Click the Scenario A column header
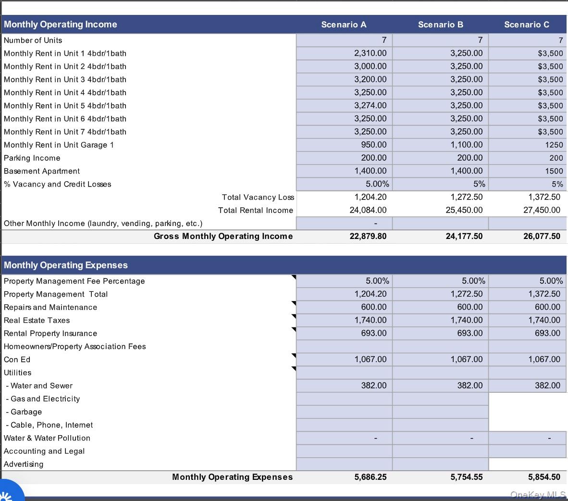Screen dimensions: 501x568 click(x=344, y=25)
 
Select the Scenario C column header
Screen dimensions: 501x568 click(x=526, y=25)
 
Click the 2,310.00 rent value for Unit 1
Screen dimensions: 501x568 click(x=370, y=53)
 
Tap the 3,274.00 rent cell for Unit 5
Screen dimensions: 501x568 click(x=370, y=106)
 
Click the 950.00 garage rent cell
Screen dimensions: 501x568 click(x=373, y=145)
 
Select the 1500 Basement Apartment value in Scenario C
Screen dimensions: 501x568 click(x=554, y=171)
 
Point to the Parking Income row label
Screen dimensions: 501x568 click(x=32, y=158)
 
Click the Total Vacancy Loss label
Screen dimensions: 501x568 click(x=258, y=197)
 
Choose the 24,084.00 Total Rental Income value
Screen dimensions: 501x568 click(x=368, y=210)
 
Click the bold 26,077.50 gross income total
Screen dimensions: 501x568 click(x=542, y=236)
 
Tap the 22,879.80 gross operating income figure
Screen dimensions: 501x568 click(x=368, y=236)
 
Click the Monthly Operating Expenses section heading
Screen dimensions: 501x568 click(x=66, y=265)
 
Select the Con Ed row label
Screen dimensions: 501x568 click(x=17, y=360)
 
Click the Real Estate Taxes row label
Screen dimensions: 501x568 click(x=37, y=320)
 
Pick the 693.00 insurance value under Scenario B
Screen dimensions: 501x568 click(x=469, y=333)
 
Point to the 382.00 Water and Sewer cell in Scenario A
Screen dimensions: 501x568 click(x=373, y=386)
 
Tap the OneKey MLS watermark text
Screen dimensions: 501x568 click(x=538, y=494)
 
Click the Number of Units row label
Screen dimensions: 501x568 click(x=33, y=40)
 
